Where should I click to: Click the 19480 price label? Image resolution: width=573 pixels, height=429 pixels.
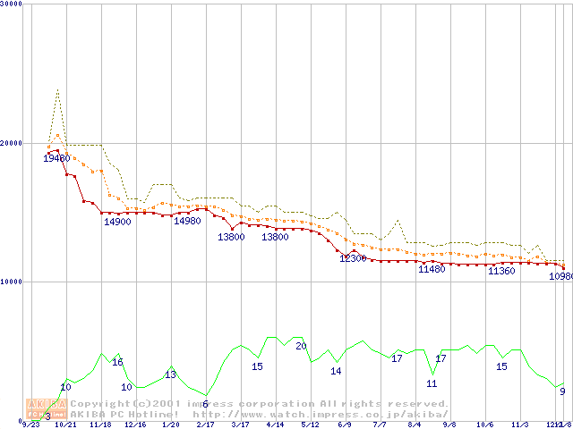coord(56,158)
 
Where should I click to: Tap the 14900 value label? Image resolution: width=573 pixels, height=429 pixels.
coord(117,222)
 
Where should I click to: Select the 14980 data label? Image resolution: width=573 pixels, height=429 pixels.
coord(187,221)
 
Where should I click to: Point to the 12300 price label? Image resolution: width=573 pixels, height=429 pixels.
coord(353,258)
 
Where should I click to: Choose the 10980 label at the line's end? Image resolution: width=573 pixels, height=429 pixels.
coord(560,276)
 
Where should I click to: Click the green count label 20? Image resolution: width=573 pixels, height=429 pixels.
coord(301,345)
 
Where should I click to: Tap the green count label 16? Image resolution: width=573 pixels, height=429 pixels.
coord(117,362)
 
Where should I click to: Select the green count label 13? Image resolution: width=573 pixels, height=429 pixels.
coord(170,374)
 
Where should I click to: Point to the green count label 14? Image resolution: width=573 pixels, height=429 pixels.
coord(336,371)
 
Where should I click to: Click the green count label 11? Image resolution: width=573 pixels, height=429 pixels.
coord(432,383)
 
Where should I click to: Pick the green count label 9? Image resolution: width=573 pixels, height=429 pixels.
coord(562,391)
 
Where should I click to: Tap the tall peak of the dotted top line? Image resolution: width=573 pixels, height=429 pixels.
coord(58,89)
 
